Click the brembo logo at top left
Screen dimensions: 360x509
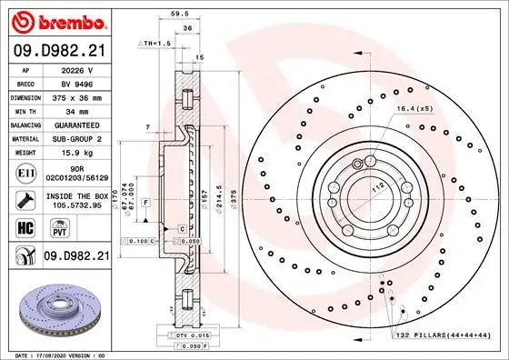coord(55,20)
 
